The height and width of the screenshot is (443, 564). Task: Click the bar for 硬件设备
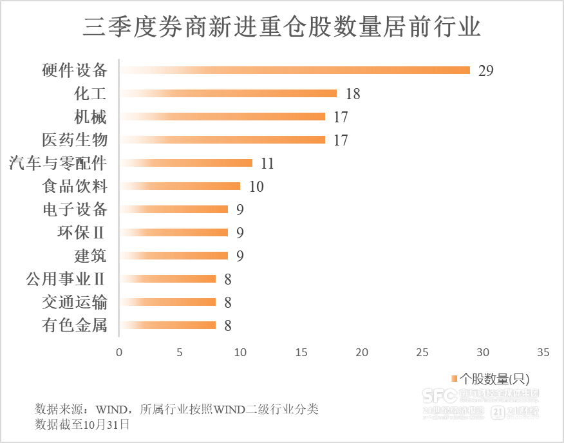pyautogui.click(x=295, y=70)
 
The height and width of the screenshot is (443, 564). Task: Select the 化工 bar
pyautogui.click(x=228, y=93)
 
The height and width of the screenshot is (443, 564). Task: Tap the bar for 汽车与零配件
pyautogui.click(x=186, y=163)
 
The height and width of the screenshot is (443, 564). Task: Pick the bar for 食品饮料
pyautogui.click(x=180, y=186)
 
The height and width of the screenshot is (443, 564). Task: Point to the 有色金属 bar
pyautogui.click(x=167, y=325)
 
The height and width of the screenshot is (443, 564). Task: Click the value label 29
pyautogui.click(x=485, y=71)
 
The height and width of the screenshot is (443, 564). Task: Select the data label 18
pyautogui.click(x=352, y=94)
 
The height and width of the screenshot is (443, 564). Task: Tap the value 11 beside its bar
pyautogui.click(x=267, y=164)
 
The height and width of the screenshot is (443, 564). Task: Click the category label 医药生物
pyautogui.click(x=74, y=140)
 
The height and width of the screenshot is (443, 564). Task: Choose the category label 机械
pyautogui.click(x=90, y=117)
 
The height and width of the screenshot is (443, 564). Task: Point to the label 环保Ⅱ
pyautogui.click(x=81, y=232)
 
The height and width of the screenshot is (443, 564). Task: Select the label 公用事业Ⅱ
pyautogui.click(x=65, y=279)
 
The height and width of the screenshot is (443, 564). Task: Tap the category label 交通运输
pyautogui.click(x=74, y=302)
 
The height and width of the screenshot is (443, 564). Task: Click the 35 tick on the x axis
pyautogui.click(x=543, y=352)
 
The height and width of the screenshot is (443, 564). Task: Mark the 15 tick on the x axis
pyautogui.click(x=301, y=352)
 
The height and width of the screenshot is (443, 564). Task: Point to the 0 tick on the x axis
pyautogui.click(x=119, y=352)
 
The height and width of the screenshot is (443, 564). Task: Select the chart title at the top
pyautogui.click(x=281, y=28)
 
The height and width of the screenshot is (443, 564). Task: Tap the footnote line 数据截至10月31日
pyautogui.click(x=82, y=424)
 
